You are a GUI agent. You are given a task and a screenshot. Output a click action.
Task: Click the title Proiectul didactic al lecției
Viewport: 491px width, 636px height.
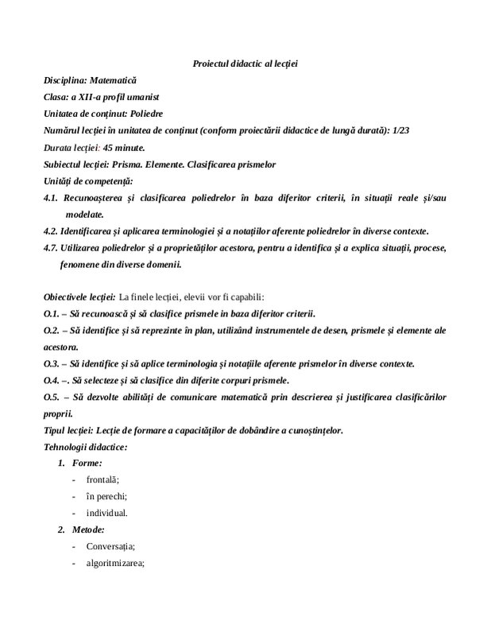click(x=245, y=64)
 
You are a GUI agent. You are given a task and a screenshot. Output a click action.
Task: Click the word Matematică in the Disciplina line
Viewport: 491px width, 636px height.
click(x=113, y=80)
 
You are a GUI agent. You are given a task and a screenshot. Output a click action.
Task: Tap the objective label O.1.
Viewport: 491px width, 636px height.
click(x=52, y=313)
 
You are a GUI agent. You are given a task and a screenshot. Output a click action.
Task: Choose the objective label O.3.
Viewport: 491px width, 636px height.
click(x=52, y=363)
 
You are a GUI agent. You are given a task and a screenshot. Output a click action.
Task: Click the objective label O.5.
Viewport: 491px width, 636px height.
click(x=52, y=397)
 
